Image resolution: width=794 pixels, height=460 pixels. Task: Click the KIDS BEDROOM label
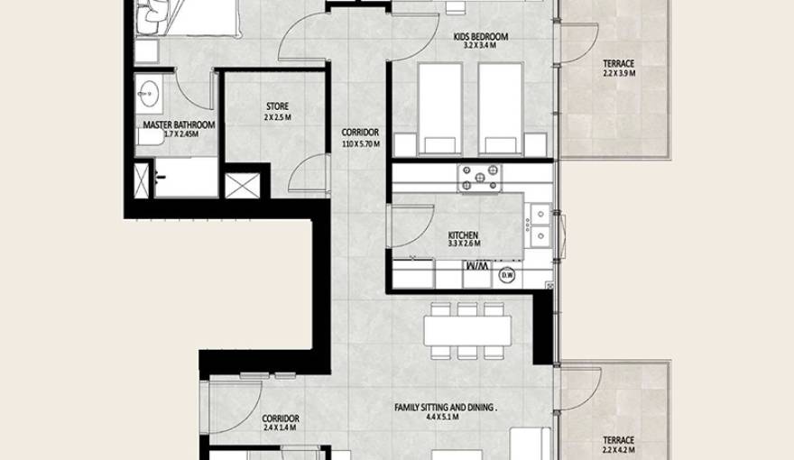pyautogui.click(x=481, y=37)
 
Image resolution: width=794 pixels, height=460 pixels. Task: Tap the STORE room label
pyautogui.click(x=277, y=106)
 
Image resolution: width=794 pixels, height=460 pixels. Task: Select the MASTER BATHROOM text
pyautogui.click(x=179, y=124)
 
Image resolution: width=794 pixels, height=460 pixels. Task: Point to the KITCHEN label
pyautogui.click(x=463, y=235)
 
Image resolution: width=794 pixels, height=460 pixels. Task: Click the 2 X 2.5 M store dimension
pyautogui.click(x=277, y=117)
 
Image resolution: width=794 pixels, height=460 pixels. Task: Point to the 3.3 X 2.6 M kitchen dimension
pyautogui.click(x=464, y=244)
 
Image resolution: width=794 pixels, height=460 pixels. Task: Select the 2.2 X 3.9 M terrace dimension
pyautogui.click(x=619, y=74)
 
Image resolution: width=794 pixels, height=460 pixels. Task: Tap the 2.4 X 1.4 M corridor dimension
pyautogui.click(x=280, y=429)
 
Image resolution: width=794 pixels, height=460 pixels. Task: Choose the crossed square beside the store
pyautogui.click(x=242, y=185)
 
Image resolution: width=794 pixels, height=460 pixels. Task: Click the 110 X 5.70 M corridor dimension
pyautogui.click(x=361, y=143)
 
